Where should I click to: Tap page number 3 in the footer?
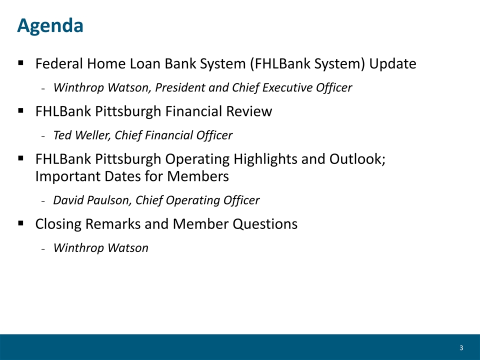point(461,348)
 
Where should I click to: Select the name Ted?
point(62,135)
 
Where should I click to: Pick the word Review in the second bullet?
point(249,111)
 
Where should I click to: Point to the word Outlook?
point(357,159)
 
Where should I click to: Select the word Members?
point(198,176)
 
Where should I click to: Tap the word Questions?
point(265,224)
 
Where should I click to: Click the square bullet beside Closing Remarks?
point(21,223)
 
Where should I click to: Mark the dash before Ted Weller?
point(43,136)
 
